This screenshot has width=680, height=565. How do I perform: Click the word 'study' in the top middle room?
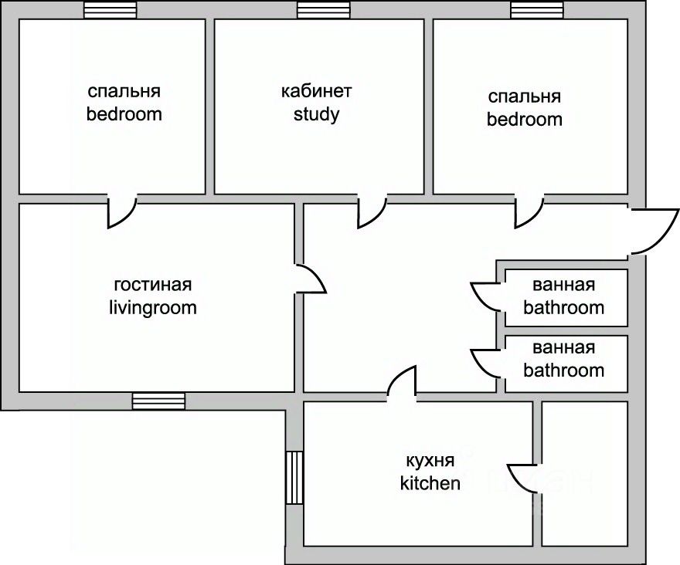click(x=316, y=115)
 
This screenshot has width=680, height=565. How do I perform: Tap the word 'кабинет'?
click(x=316, y=91)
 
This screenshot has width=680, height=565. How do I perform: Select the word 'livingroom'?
click(x=152, y=308)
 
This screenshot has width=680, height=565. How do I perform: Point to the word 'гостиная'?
click(x=152, y=285)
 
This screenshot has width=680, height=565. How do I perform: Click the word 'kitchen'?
click(x=430, y=484)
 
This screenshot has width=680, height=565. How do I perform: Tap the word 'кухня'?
click(x=430, y=461)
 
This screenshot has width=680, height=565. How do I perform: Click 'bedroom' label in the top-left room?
click(x=124, y=114)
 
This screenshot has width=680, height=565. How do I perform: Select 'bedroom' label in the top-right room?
click(x=524, y=120)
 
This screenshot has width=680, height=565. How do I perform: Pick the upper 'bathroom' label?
click(x=563, y=308)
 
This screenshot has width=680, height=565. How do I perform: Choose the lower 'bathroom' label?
click(x=563, y=370)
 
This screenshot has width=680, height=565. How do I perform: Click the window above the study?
click(x=322, y=10)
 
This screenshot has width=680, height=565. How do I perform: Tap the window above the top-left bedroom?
click(x=110, y=10)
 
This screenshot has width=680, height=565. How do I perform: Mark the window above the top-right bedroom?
click(x=536, y=10)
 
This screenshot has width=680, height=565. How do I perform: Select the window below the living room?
click(x=158, y=401)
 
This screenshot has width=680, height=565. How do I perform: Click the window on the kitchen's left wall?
click(x=294, y=478)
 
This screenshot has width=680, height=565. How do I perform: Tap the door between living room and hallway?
click(x=310, y=279)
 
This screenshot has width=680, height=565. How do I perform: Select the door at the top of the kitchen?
click(x=403, y=383)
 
